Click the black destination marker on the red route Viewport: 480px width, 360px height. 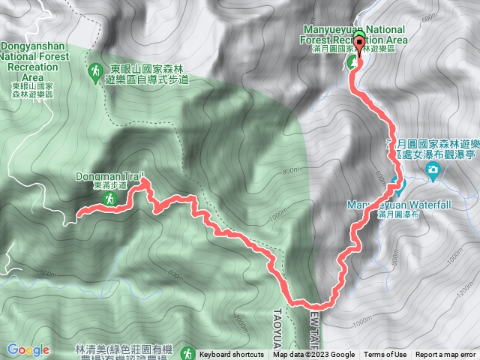(358, 44)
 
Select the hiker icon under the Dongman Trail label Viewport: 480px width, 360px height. (109, 199)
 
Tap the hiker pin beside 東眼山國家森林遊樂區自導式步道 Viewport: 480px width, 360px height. (95, 72)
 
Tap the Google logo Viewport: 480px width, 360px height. (28, 349)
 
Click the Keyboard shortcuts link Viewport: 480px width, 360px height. (231, 355)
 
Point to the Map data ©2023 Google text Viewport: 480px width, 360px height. (313, 355)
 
